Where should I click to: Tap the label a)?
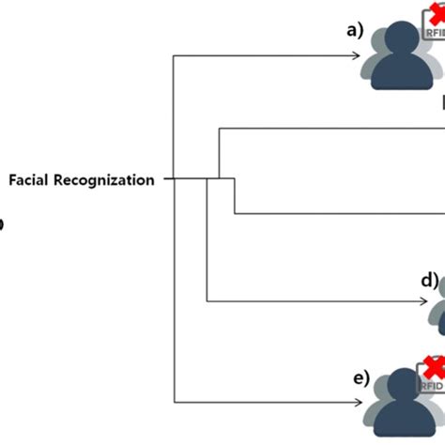point(354,28)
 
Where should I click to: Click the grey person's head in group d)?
point(439,293)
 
